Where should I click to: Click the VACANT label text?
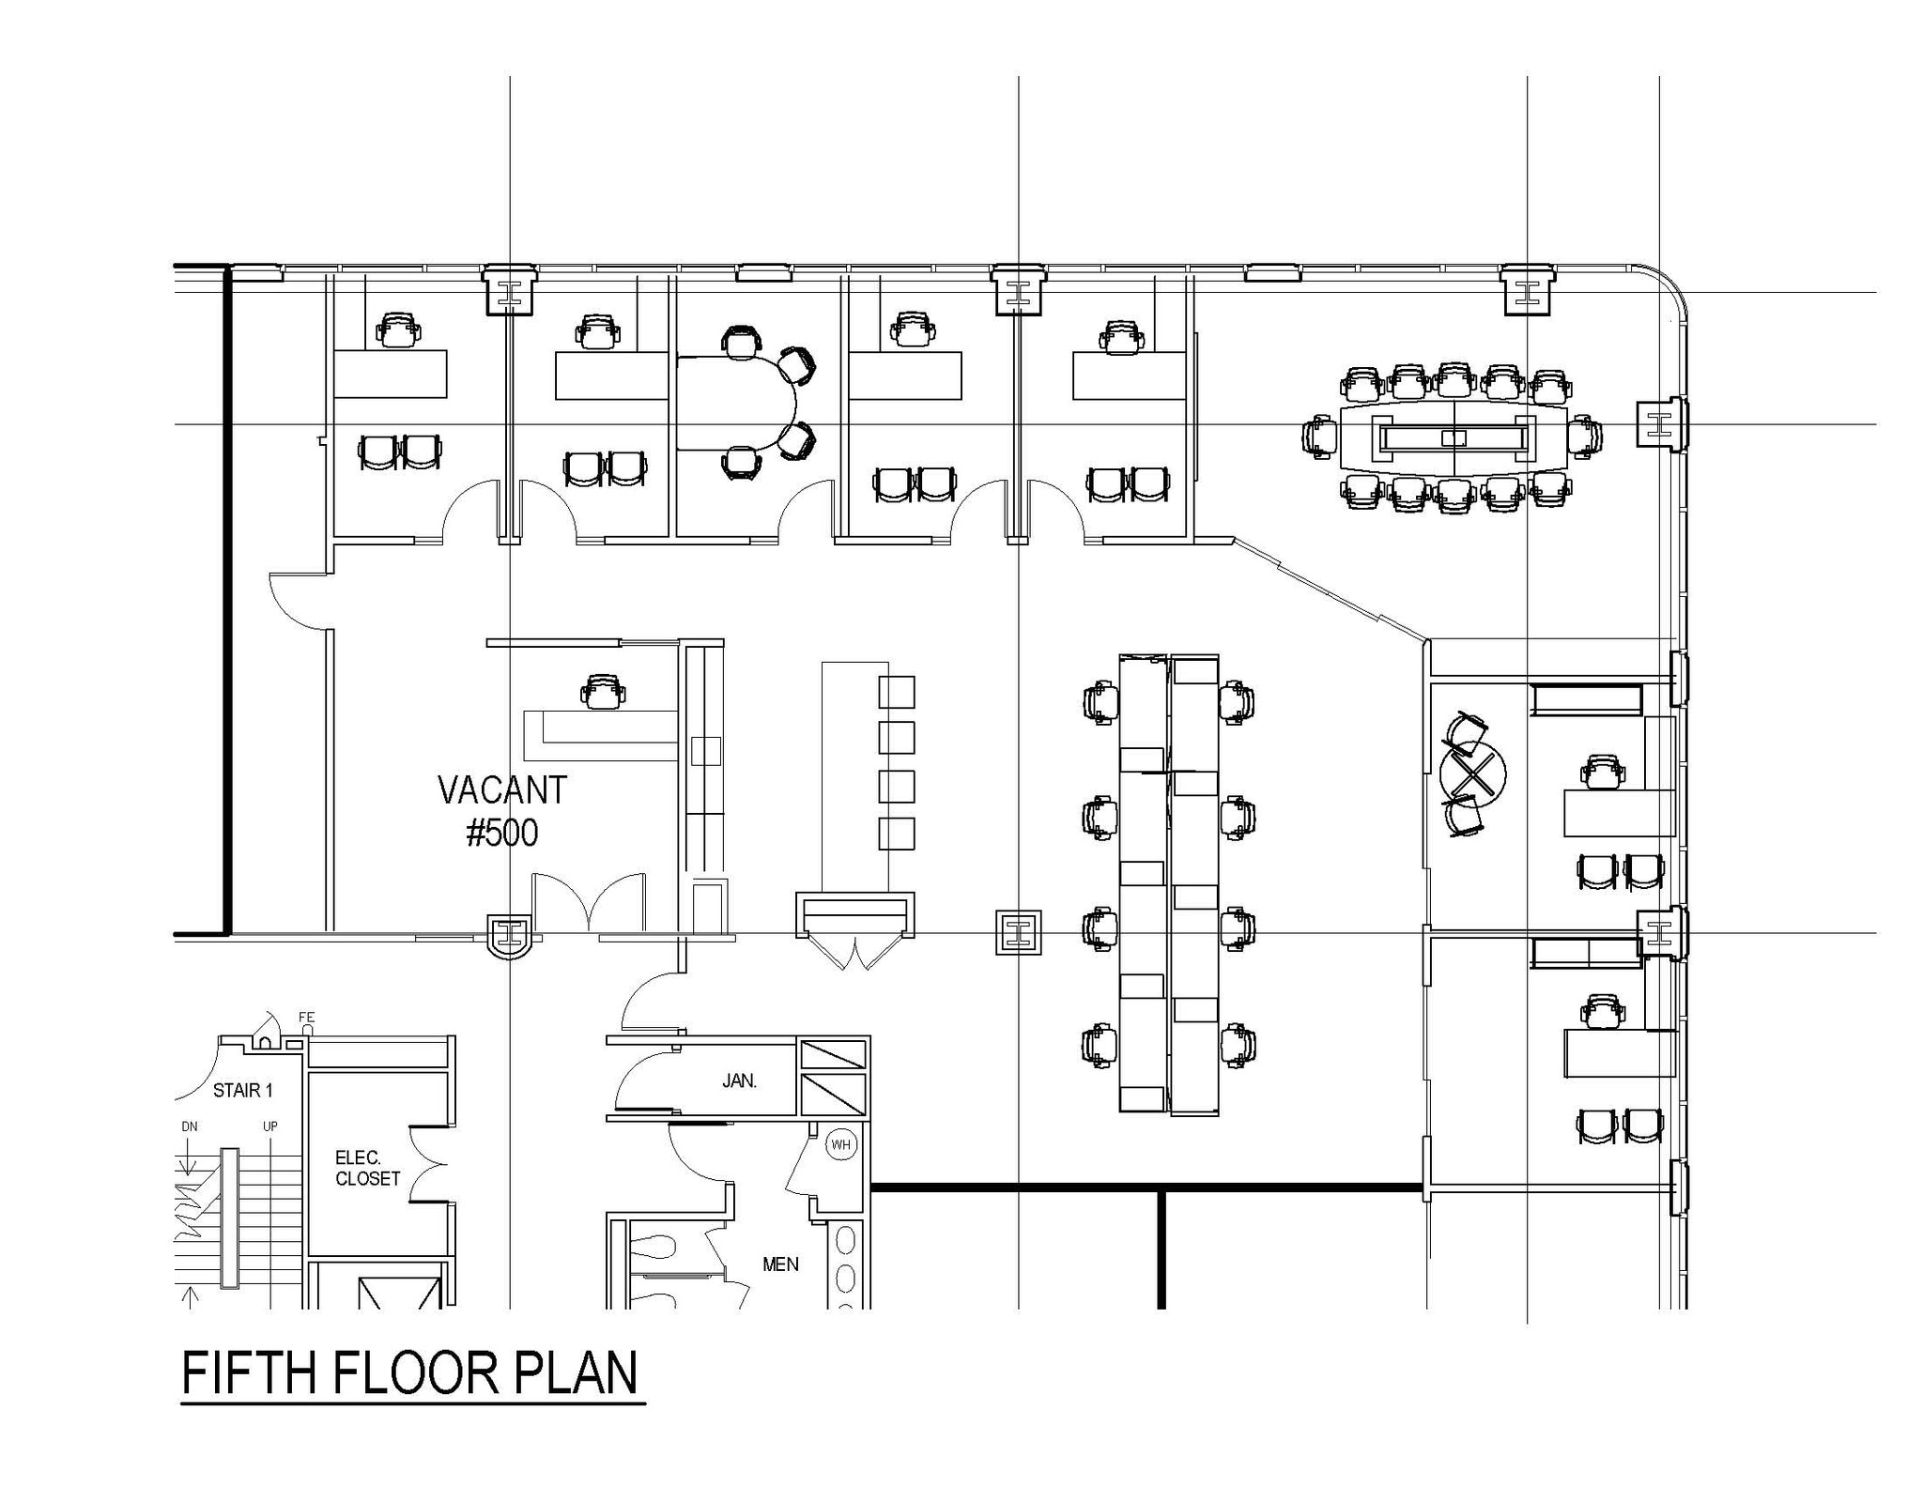coord(502,790)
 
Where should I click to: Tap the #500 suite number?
coord(502,833)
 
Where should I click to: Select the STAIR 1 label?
coord(242,1090)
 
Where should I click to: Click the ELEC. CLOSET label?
coord(367,1169)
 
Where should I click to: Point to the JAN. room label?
coord(739,1080)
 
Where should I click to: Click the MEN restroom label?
coord(780,1264)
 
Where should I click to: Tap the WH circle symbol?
coord(840,1144)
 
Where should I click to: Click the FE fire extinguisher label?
coord(306,1018)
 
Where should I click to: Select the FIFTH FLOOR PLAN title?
coord(409,1372)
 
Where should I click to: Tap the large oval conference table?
coord(1454,437)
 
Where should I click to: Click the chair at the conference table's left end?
coord(1320,437)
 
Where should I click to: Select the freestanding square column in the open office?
coord(1018,932)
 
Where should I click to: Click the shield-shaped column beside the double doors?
coord(510,935)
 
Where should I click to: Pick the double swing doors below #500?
coord(589,903)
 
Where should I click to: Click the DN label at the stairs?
coord(190,1126)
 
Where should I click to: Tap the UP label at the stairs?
coord(270,1126)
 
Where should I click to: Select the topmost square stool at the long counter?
coord(897,692)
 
